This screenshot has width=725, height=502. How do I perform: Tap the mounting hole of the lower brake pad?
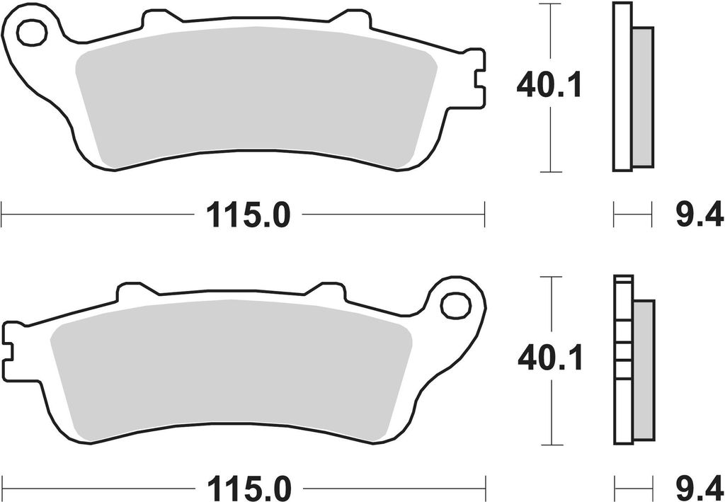(455, 305)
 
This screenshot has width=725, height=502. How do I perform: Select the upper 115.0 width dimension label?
(248, 215)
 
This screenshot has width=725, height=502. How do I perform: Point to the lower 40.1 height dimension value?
(550, 360)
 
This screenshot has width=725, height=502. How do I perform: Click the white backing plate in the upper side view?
(622, 86)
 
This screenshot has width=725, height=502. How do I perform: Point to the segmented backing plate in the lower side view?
(623, 360)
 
